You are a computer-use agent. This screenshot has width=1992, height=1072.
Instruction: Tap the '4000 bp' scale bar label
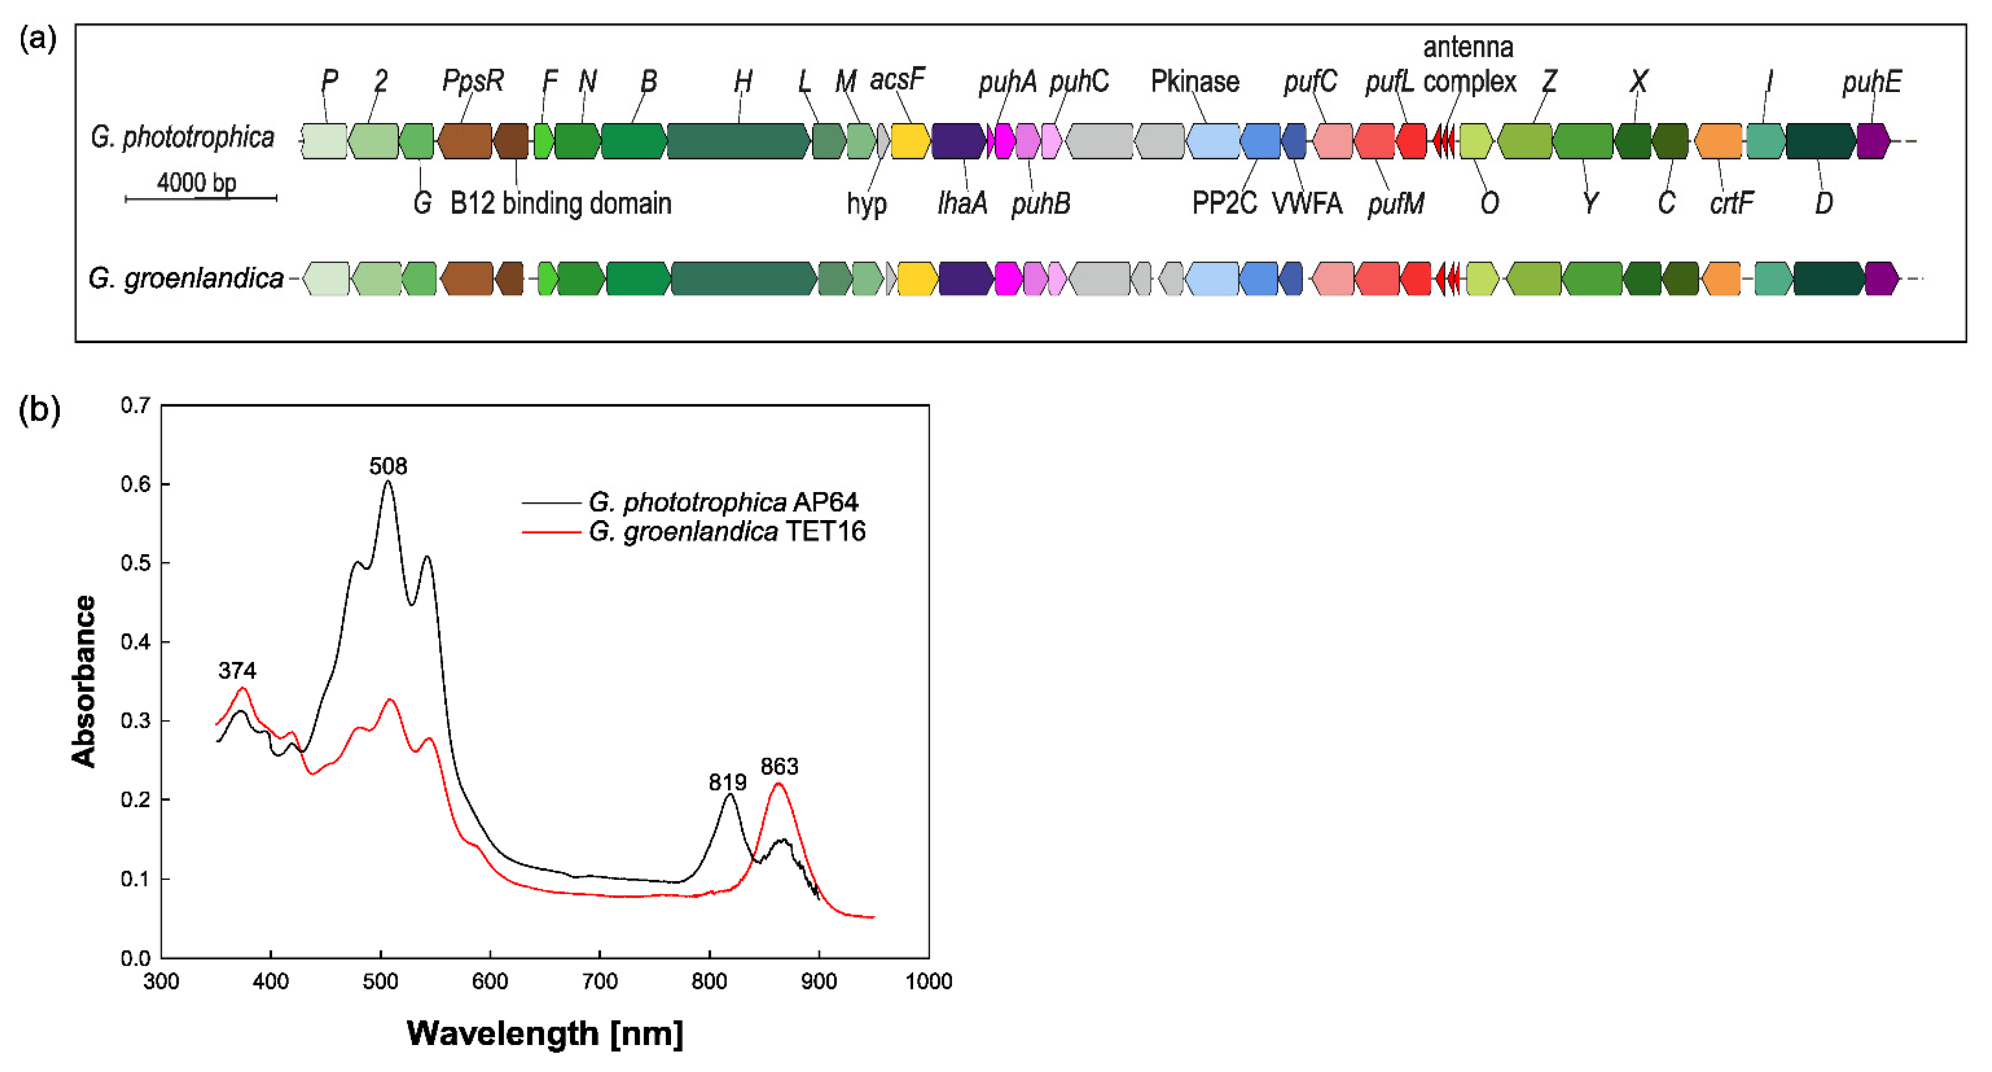click(x=197, y=182)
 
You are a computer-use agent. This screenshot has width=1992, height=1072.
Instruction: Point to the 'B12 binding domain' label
click(x=561, y=203)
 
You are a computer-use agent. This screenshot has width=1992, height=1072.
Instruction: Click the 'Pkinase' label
click(x=1195, y=81)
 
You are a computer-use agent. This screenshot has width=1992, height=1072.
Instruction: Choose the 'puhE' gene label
click(x=1871, y=81)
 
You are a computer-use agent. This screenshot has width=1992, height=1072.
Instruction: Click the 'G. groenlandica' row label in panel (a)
click(x=186, y=278)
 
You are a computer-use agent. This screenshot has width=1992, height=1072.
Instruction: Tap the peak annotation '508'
click(x=387, y=466)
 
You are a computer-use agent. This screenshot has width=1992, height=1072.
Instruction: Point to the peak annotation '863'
click(x=779, y=767)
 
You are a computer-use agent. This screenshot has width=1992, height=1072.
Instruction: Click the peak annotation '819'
click(x=727, y=782)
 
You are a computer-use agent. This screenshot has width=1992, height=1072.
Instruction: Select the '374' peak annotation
click(x=236, y=670)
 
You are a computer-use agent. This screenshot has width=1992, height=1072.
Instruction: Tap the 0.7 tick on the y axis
click(x=135, y=405)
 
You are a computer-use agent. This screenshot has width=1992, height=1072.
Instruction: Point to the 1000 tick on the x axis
click(x=928, y=981)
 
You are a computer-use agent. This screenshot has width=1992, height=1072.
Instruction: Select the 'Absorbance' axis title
click(x=84, y=681)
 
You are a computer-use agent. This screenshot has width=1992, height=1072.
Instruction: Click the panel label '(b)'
click(x=38, y=409)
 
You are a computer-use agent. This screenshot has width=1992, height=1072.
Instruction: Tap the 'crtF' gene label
click(x=1731, y=203)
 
